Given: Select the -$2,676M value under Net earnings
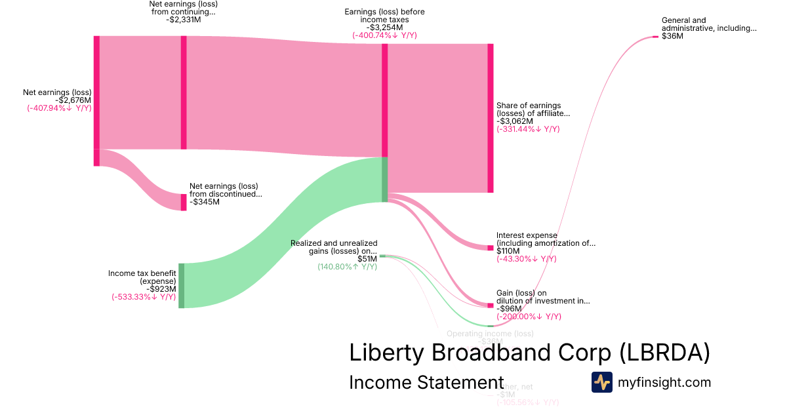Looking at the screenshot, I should [75, 100].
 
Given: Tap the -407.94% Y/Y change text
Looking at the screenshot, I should [59, 108].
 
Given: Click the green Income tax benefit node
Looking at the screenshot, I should [182, 285].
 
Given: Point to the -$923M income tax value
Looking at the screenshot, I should [161, 288].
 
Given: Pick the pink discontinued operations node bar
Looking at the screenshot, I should [184, 202].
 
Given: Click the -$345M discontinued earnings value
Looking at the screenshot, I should [205, 202].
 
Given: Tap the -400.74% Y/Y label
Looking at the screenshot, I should [384, 35].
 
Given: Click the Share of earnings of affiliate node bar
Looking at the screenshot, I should [490, 118].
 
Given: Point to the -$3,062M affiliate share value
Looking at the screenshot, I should [515, 121].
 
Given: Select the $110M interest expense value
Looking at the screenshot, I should [509, 251].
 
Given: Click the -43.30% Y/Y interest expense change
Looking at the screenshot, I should [526, 259].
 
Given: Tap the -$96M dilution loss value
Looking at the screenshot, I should [509, 309].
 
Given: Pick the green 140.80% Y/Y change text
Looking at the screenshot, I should [347, 267].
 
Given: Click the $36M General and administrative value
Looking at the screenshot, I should [672, 37].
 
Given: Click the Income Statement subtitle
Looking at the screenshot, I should [426, 382].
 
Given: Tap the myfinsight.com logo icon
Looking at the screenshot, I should [602, 382].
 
